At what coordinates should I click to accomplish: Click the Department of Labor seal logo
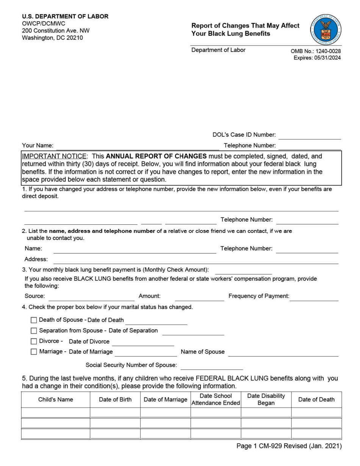326,30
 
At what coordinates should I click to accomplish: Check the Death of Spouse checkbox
34,320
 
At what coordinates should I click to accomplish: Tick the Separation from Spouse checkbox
34,331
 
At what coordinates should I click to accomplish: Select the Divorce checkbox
34,341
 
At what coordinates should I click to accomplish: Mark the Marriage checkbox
34,352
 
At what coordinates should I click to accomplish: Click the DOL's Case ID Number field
310,135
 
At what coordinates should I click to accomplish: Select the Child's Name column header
56,399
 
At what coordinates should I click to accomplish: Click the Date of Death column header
316,399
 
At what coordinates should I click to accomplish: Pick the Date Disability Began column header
266,399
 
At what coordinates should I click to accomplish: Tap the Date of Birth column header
115,399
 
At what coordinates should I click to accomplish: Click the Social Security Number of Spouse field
212,366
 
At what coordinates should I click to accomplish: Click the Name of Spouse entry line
283,352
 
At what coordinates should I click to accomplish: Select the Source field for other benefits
91,297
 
